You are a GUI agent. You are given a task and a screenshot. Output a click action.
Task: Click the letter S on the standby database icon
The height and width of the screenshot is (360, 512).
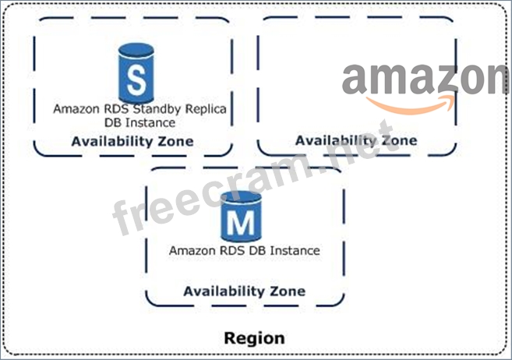[x=136, y=80]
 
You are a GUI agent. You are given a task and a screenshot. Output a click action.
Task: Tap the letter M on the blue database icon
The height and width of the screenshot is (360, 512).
[x=242, y=224]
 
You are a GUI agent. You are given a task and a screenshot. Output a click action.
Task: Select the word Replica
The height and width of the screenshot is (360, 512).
[x=206, y=109]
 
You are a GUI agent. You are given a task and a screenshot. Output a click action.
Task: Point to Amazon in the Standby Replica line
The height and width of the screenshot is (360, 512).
[x=76, y=109]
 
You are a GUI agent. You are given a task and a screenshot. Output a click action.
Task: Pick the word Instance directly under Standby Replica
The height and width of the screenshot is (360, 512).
[x=150, y=122]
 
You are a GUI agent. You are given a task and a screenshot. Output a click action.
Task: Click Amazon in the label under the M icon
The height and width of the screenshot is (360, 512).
[x=192, y=251]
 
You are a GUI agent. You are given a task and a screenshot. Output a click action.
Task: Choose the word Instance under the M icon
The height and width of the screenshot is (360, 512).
[x=294, y=251]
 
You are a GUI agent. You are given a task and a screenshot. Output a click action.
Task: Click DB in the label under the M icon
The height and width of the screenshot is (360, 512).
[x=258, y=251]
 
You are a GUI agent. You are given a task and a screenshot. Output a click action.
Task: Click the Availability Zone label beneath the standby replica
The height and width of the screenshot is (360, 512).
[x=132, y=142]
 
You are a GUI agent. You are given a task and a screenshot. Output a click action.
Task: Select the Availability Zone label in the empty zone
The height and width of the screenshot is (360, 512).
[x=356, y=140]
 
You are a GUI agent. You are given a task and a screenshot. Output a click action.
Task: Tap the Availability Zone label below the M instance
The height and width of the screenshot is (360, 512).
[x=244, y=291]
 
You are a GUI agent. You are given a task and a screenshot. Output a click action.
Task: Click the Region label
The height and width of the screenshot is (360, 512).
[x=254, y=339]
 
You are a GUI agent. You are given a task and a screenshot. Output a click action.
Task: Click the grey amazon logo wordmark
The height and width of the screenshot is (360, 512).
[x=425, y=80]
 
